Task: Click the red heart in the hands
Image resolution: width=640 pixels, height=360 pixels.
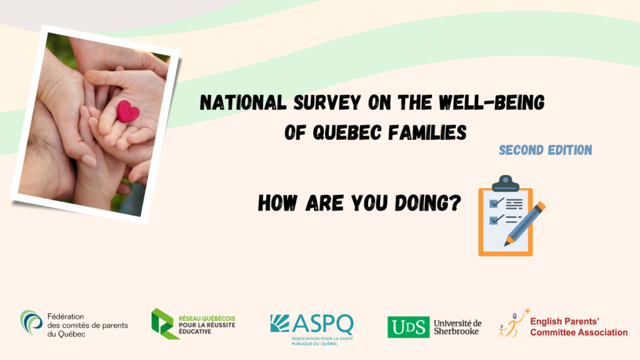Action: (128, 111)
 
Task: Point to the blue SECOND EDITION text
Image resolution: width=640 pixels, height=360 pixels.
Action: (545, 150)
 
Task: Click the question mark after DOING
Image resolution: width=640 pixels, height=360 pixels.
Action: (454, 203)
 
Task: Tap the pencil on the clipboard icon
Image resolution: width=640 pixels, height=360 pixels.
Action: (525, 224)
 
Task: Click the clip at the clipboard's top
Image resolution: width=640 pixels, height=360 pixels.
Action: (505, 183)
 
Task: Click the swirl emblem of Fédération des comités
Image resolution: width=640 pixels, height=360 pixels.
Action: (31, 322)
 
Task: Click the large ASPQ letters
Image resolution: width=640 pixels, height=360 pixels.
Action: (322, 324)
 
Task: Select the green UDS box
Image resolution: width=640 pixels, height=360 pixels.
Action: (409, 327)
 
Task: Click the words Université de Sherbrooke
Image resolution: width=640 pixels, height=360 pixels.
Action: (457, 327)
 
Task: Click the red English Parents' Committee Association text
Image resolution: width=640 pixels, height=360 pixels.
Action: (579, 327)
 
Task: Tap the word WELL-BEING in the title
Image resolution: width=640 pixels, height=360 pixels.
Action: (492, 102)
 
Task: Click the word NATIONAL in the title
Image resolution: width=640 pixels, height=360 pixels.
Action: (243, 102)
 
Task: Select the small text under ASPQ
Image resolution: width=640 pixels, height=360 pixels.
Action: (322, 341)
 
